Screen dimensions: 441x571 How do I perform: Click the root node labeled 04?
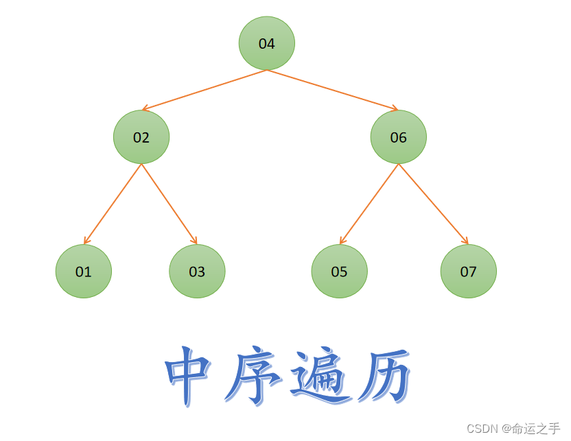pos(266,43)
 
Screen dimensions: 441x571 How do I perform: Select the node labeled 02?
pos(141,137)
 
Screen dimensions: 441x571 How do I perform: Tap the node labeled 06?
pos(398,137)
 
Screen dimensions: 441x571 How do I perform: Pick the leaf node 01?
pos(83,272)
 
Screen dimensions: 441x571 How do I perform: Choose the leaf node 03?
pos(197,272)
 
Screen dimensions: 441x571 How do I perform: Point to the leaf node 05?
pos(339,272)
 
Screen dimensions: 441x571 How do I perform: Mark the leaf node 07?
pos(468,272)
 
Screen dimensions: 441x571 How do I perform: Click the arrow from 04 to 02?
pos(204,90)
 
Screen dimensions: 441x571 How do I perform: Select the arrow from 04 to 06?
pos(332,90)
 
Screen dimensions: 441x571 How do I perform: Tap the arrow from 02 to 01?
pos(113,203)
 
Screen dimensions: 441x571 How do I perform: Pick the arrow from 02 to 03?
pos(169,203)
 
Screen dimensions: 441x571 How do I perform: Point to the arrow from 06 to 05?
pos(369,203)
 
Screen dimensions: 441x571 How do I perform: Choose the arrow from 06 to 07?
pos(433,203)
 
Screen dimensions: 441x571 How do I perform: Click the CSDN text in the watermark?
pos(482,429)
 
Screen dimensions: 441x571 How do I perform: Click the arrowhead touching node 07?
pos(465,241)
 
